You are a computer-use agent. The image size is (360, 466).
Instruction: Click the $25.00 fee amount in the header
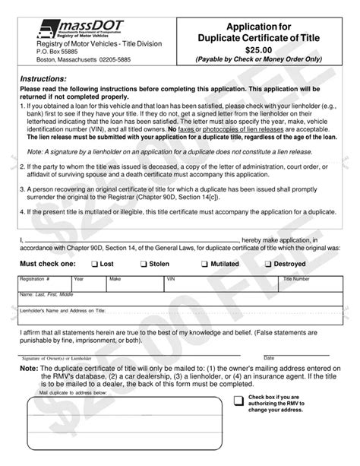261,47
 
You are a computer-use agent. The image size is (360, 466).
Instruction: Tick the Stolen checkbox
144,264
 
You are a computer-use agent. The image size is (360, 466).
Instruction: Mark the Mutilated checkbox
204,264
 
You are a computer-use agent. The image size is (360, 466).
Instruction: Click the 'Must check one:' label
46,264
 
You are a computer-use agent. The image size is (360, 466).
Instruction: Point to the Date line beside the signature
300,351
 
